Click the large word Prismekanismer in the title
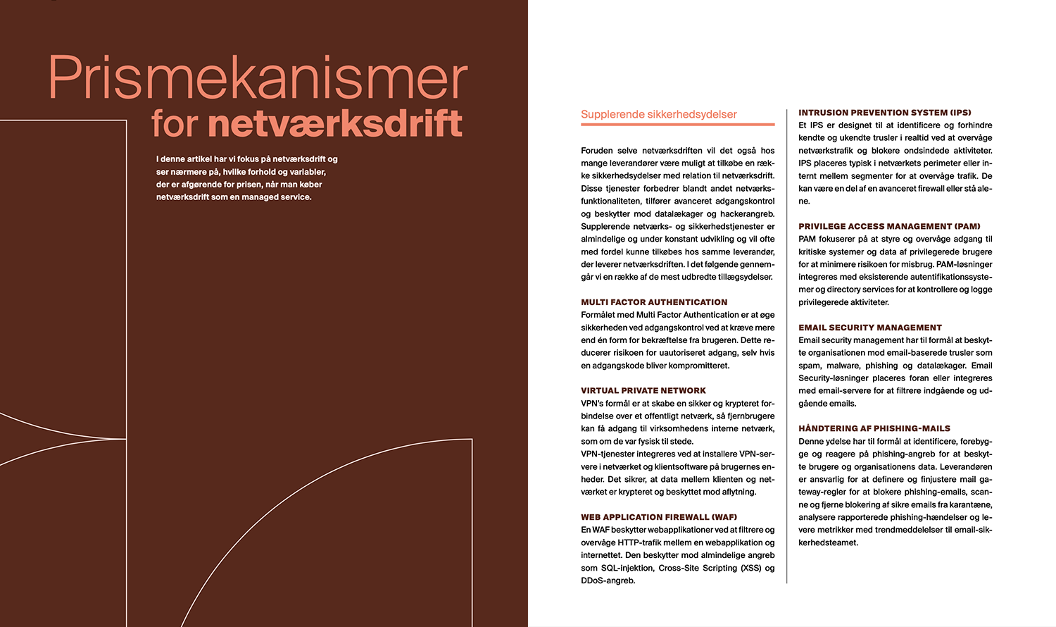point(258,78)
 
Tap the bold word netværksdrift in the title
point(335,124)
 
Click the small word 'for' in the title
point(175,124)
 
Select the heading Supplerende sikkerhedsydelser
point(658,114)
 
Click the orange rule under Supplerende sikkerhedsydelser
point(677,125)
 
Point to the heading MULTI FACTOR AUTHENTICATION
point(654,302)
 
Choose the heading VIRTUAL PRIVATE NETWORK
point(643,390)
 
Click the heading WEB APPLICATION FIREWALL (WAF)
point(659,517)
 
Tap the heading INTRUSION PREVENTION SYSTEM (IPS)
point(884,113)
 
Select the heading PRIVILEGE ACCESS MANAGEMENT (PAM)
point(889,226)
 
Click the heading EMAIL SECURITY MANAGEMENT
point(869,328)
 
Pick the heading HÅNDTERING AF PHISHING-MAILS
point(874,428)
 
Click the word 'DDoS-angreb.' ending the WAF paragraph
point(608,581)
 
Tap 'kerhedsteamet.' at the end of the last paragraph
point(828,542)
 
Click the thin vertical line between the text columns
point(786,345)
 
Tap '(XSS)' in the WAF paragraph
point(750,568)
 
